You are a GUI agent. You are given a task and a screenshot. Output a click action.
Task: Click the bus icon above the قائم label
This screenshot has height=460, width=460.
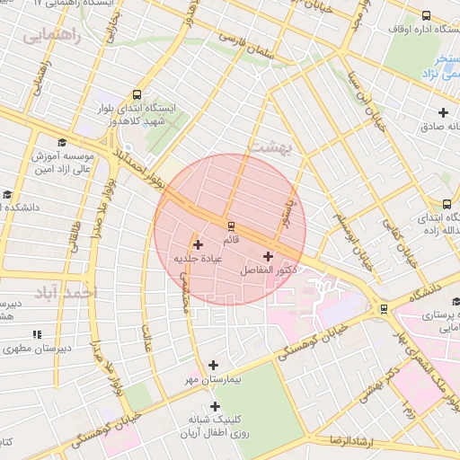[231, 225]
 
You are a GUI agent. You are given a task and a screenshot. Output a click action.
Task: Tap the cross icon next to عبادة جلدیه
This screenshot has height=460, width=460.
[198, 244]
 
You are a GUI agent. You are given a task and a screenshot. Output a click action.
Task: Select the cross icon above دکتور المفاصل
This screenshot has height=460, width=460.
[268, 256]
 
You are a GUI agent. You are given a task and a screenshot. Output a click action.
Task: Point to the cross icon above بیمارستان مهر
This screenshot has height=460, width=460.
[213, 365]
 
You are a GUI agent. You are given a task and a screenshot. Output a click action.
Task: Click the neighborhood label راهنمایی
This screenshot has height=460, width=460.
[51, 37]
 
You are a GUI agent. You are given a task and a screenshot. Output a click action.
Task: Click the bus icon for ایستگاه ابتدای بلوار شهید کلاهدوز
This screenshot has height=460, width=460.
[137, 94]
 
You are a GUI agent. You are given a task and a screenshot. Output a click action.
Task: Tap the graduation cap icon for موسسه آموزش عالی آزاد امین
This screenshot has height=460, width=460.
[62, 142]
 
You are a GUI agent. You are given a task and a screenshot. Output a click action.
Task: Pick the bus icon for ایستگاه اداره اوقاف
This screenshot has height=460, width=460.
[425, 16]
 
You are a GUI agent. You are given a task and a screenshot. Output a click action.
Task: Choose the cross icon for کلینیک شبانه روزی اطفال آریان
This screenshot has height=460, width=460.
[214, 406]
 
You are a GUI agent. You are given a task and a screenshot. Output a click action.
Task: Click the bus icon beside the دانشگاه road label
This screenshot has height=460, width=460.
[385, 309]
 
